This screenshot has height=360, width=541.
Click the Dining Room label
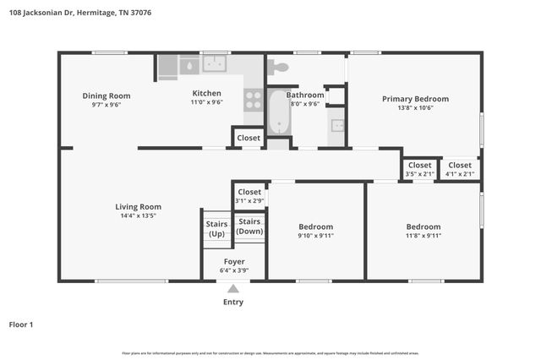pos(106,95)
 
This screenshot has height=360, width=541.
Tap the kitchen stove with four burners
pos(253,101)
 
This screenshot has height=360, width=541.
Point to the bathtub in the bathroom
pos(278,112)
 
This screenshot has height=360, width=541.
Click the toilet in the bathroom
pos(277,66)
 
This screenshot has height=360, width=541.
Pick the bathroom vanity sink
pos(337,125)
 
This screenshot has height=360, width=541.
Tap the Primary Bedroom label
pos(415,99)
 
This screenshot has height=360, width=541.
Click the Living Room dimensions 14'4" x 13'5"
pos(138,215)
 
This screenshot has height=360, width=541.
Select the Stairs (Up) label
pos(216,228)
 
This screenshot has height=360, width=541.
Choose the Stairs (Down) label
pos(249,226)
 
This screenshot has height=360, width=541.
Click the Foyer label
pos(233,262)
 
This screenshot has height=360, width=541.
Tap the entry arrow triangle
pos(233,289)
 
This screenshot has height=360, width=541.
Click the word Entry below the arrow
pos(233,302)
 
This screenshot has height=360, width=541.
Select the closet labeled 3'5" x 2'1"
pos(420,169)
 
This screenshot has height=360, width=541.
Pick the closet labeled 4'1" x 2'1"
pos(460,169)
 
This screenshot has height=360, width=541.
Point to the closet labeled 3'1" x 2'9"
pos(249,196)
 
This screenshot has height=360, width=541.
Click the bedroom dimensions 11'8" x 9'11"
pos(423,236)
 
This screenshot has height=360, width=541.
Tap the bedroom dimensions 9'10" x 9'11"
pos(315,236)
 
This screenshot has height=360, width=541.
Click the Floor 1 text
pos(21,324)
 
